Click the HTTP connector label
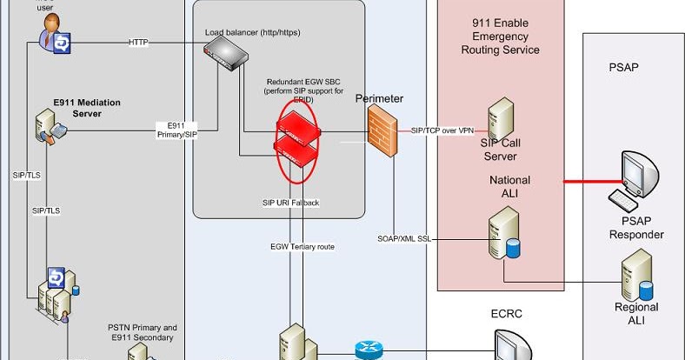(139, 42)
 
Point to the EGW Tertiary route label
(302, 246)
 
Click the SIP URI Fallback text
(291, 203)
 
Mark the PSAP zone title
(624, 67)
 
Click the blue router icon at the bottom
(368, 350)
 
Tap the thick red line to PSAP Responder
(586, 182)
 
